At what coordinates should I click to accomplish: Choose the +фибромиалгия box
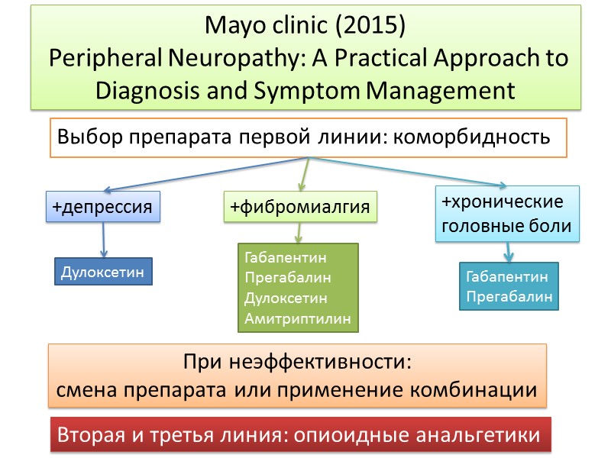[300, 207]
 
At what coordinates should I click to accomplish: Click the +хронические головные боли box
[506, 214]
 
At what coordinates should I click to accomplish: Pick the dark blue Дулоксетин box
[103, 272]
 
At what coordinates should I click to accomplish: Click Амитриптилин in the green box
[298, 318]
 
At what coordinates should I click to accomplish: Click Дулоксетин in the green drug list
[286, 298]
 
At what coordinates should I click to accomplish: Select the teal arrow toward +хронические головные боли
[412, 173]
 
